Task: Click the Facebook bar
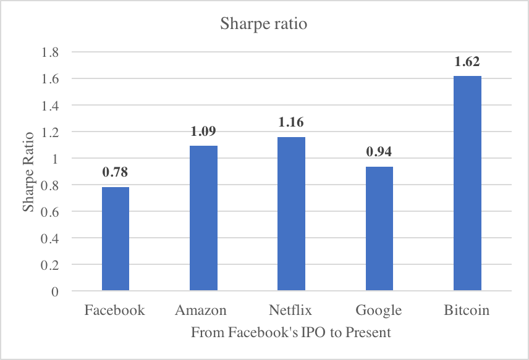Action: (x=116, y=239)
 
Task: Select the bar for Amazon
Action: (x=203, y=218)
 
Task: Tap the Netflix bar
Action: (x=291, y=214)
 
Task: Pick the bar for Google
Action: (x=379, y=228)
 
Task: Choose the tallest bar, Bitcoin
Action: (x=467, y=183)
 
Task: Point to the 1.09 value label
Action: (x=203, y=131)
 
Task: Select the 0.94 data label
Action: (x=379, y=151)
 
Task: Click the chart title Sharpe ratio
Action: (x=264, y=25)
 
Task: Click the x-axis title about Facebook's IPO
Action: (x=290, y=333)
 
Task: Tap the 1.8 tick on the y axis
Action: (x=50, y=52)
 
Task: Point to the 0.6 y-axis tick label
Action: (x=50, y=212)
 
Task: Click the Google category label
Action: (x=379, y=310)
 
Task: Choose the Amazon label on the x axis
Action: (x=201, y=310)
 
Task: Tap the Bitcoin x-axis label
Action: (x=467, y=310)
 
